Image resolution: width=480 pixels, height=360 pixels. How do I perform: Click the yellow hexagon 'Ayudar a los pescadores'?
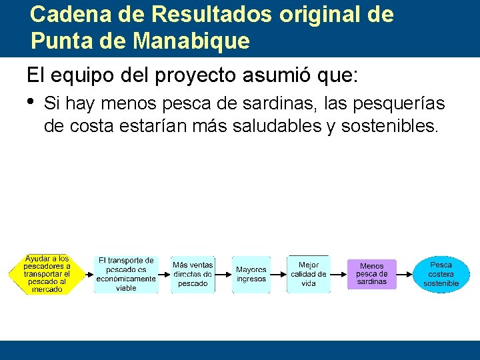point(47,274)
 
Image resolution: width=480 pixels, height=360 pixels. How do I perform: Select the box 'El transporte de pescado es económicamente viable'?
point(126,274)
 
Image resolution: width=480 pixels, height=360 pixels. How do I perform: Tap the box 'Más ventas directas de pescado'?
point(193,274)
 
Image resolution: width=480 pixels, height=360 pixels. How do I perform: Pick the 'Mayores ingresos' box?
point(251,274)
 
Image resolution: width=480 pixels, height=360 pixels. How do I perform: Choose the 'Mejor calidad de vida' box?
point(308,274)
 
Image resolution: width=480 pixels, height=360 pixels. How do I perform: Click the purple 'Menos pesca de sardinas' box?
point(371,274)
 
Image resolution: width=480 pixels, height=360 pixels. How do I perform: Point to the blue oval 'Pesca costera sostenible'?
point(441,274)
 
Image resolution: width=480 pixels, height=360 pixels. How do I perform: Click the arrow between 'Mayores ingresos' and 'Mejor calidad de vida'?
point(279,274)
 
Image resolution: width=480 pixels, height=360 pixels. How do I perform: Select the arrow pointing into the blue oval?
point(405,274)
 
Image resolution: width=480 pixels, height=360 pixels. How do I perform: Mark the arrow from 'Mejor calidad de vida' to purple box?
point(338,274)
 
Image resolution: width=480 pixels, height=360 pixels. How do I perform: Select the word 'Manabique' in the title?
point(191,41)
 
